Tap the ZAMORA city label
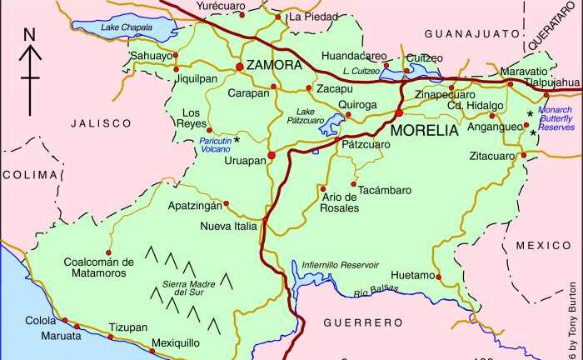tap(274, 65)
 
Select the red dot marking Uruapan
tap(271, 153)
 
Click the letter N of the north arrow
tap(29, 34)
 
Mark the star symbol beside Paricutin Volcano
tap(237, 139)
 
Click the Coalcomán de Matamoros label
tap(99, 267)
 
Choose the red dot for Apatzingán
tap(226, 202)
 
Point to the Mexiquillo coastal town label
tap(175, 342)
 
